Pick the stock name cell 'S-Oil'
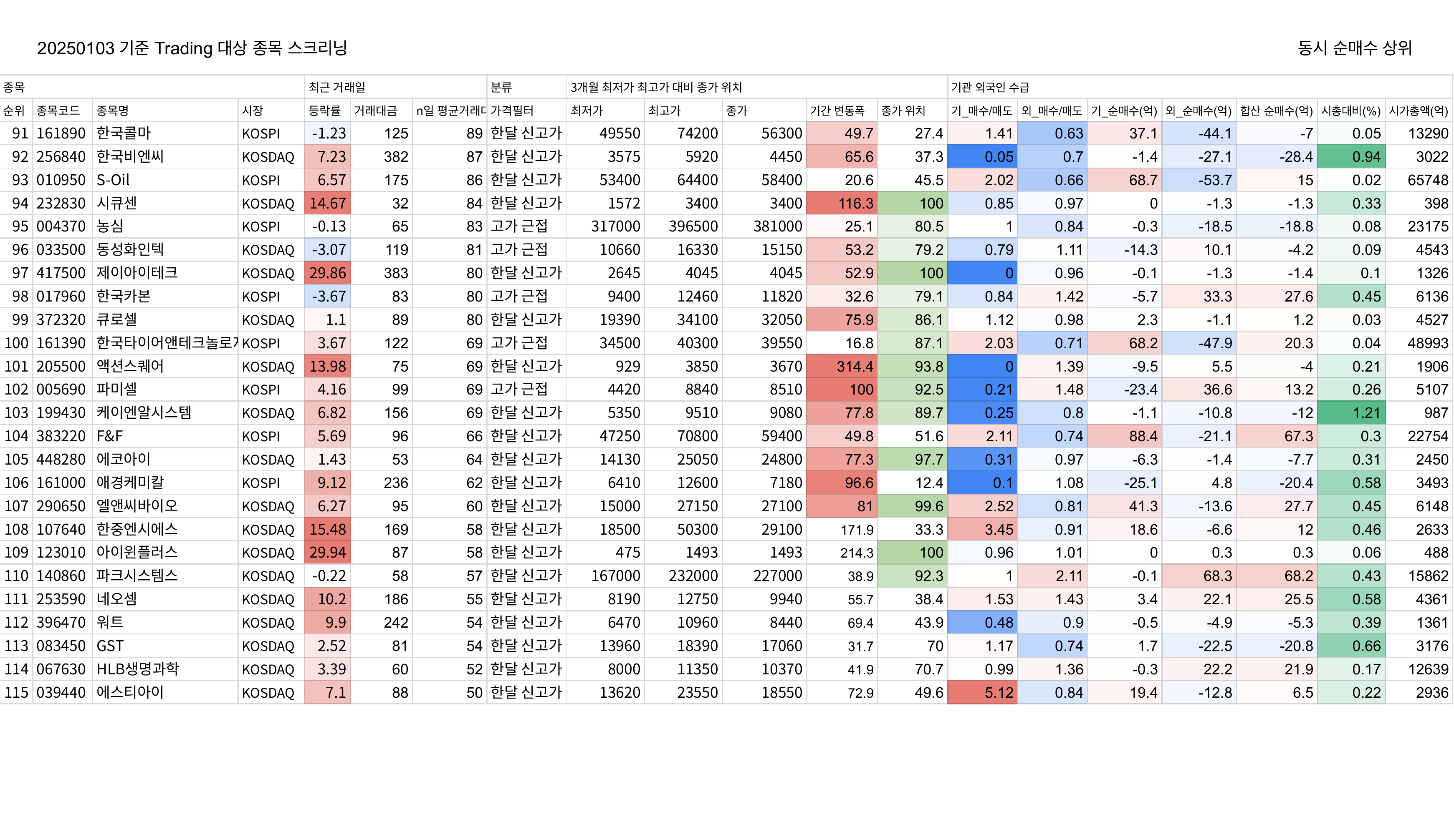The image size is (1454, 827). coord(113,180)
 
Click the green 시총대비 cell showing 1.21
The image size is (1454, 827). coord(1351,413)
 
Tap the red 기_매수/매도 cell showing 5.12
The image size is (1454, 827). coord(982,692)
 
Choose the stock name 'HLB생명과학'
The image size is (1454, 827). coord(138,669)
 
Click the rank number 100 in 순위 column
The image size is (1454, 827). coord(16,343)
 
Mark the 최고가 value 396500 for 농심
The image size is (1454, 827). coord(693,226)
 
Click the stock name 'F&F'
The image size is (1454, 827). coord(110,436)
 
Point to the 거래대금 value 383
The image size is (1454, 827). coord(396,273)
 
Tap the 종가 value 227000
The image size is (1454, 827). coord(778,576)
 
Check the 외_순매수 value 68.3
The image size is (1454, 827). coord(1218,576)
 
